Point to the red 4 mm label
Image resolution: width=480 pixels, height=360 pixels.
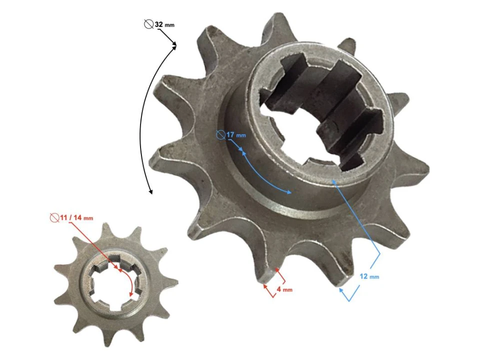coord(284,289)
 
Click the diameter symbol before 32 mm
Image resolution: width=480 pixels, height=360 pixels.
coord(148,23)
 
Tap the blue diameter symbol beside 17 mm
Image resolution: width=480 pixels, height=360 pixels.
coord(220,134)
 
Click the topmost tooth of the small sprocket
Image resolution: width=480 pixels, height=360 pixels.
coord(106,228)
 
